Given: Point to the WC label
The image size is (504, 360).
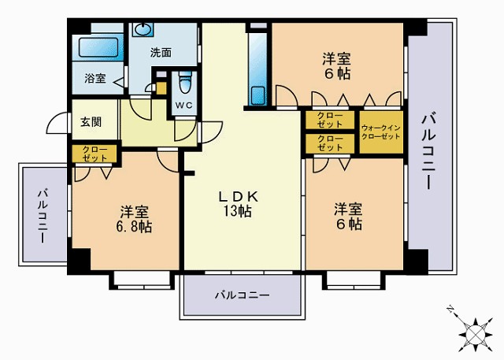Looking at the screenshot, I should [183, 105].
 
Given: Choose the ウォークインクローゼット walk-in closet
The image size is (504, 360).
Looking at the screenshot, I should [380, 132].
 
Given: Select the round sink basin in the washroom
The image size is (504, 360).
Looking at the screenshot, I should [143, 31].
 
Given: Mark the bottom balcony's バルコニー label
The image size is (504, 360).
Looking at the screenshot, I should [243, 295].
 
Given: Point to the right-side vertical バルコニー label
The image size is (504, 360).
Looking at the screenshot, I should [429, 150].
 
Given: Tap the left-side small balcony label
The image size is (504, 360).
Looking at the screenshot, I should [42, 213].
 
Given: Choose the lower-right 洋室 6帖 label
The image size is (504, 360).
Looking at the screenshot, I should [347, 217].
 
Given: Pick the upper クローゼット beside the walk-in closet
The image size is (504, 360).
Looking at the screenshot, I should [330, 120].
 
